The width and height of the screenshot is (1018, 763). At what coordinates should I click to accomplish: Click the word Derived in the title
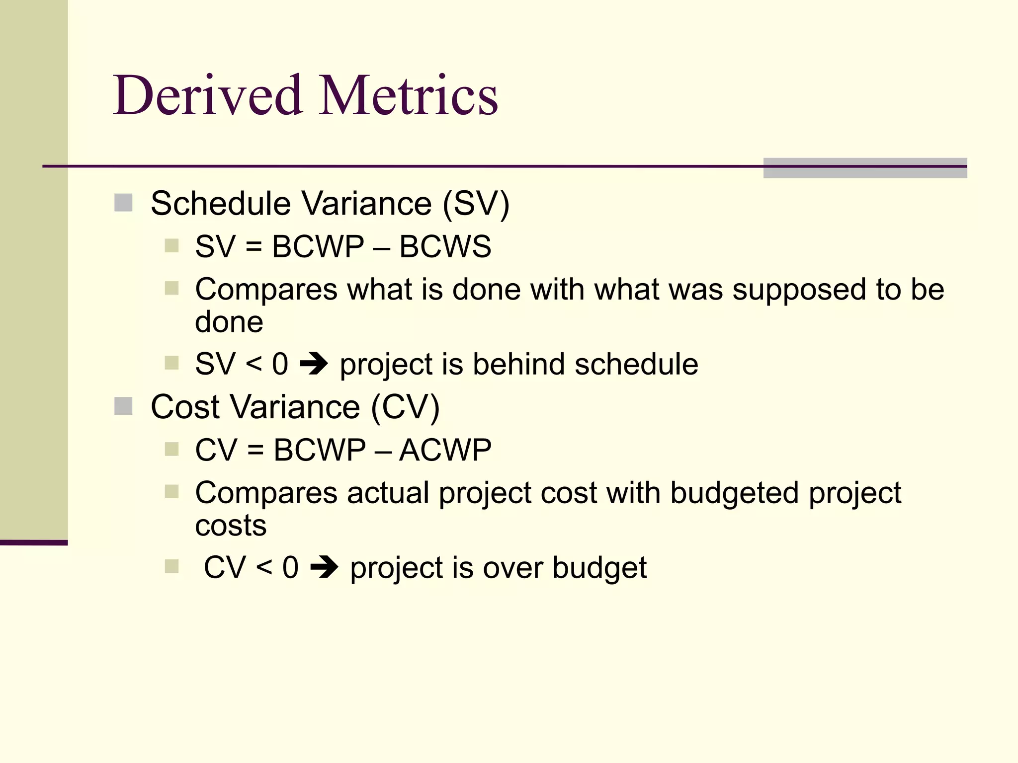(x=208, y=95)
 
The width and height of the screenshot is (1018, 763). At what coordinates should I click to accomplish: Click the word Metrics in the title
(x=409, y=95)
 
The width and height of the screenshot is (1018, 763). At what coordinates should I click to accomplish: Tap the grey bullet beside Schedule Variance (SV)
(x=123, y=203)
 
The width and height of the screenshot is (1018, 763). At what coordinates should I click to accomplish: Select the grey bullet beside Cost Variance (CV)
(x=123, y=406)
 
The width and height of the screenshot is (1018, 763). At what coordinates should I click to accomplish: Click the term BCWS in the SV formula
(x=445, y=246)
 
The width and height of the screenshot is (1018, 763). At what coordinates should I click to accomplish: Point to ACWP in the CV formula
(x=445, y=450)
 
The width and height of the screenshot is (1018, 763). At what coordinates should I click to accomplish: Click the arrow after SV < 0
(x=314, y=364)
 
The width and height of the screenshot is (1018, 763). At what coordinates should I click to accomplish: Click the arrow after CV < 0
(x=324, y=567)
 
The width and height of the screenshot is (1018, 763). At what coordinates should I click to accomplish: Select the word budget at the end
(x=599, y=568)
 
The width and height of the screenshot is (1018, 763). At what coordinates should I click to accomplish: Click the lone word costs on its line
(x=231, y=526)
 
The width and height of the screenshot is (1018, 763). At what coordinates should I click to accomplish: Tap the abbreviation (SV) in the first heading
(x=476, y=203)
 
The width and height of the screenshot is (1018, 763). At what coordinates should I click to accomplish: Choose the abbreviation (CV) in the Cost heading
(x=405, y=407)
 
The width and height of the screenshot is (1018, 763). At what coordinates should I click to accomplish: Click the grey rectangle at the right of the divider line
(x=865, y=168)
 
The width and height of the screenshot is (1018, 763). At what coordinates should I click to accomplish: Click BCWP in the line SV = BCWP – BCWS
(x=318, y=246)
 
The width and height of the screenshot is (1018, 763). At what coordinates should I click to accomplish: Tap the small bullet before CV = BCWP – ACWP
(x=171, y=449)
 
